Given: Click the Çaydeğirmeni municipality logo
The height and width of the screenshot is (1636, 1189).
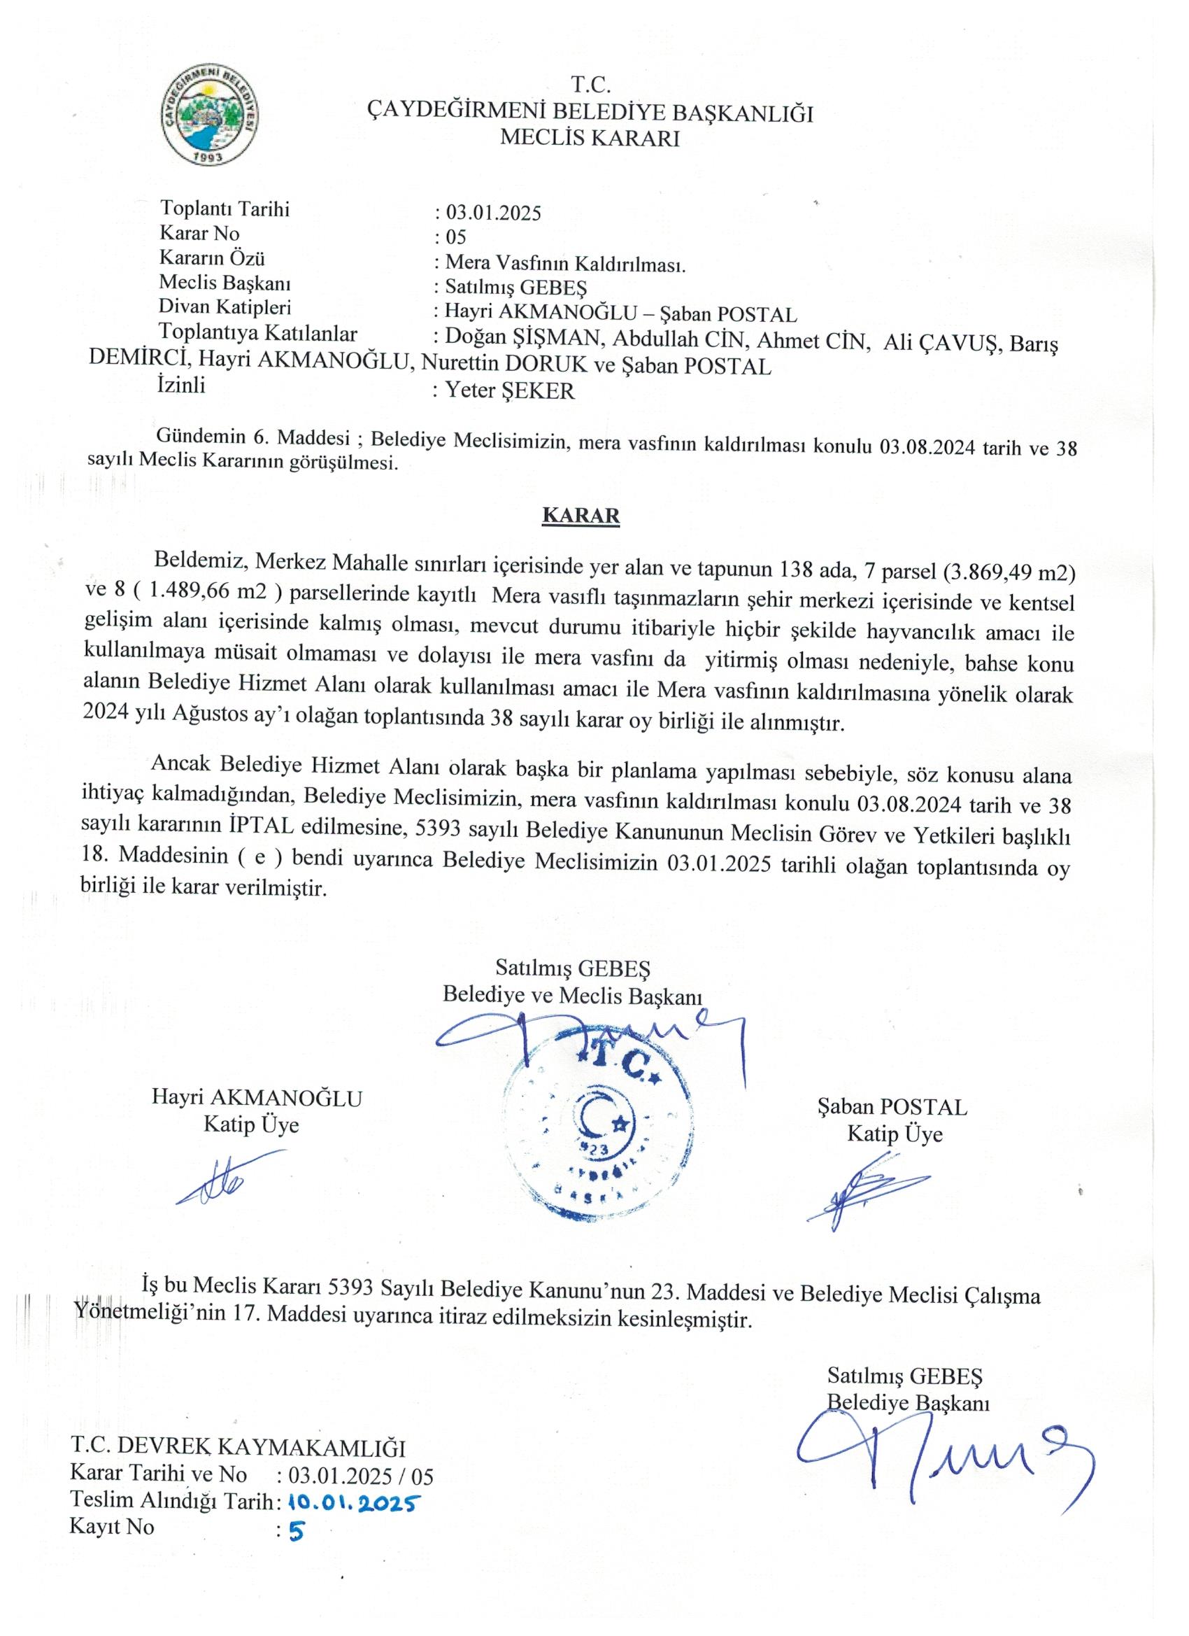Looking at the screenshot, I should (x=210, y=113).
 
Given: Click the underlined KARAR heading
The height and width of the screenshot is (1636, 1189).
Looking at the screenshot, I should (x=581, y=516).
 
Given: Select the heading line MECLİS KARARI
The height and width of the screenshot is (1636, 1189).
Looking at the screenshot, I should (x=590, y=138).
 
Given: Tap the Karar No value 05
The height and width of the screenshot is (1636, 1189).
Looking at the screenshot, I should (x=457, y=237).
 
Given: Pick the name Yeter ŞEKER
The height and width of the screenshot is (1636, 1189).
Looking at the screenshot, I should (x=510, y=391).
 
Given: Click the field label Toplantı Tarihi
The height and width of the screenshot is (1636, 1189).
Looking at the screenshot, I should (x=225, y=209).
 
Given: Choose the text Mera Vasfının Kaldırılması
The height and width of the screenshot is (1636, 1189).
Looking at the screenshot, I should (x=564, y=264).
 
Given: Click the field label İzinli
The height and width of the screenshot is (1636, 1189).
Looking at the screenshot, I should (x=182, y=384).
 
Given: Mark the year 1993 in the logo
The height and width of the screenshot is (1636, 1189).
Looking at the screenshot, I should (x=208, y=155).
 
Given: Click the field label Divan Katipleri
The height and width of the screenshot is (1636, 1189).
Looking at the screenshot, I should (x=225, y=307).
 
